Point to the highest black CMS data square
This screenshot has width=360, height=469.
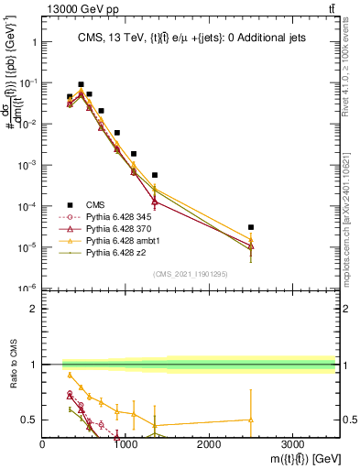point(81,84)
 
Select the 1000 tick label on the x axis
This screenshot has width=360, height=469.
point(125,444)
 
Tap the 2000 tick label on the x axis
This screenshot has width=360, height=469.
point(209,444)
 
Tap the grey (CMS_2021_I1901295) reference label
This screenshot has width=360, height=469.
point(190,273)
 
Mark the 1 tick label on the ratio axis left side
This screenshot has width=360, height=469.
point(35,365)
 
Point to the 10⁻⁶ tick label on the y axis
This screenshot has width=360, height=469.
point(27,289)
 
